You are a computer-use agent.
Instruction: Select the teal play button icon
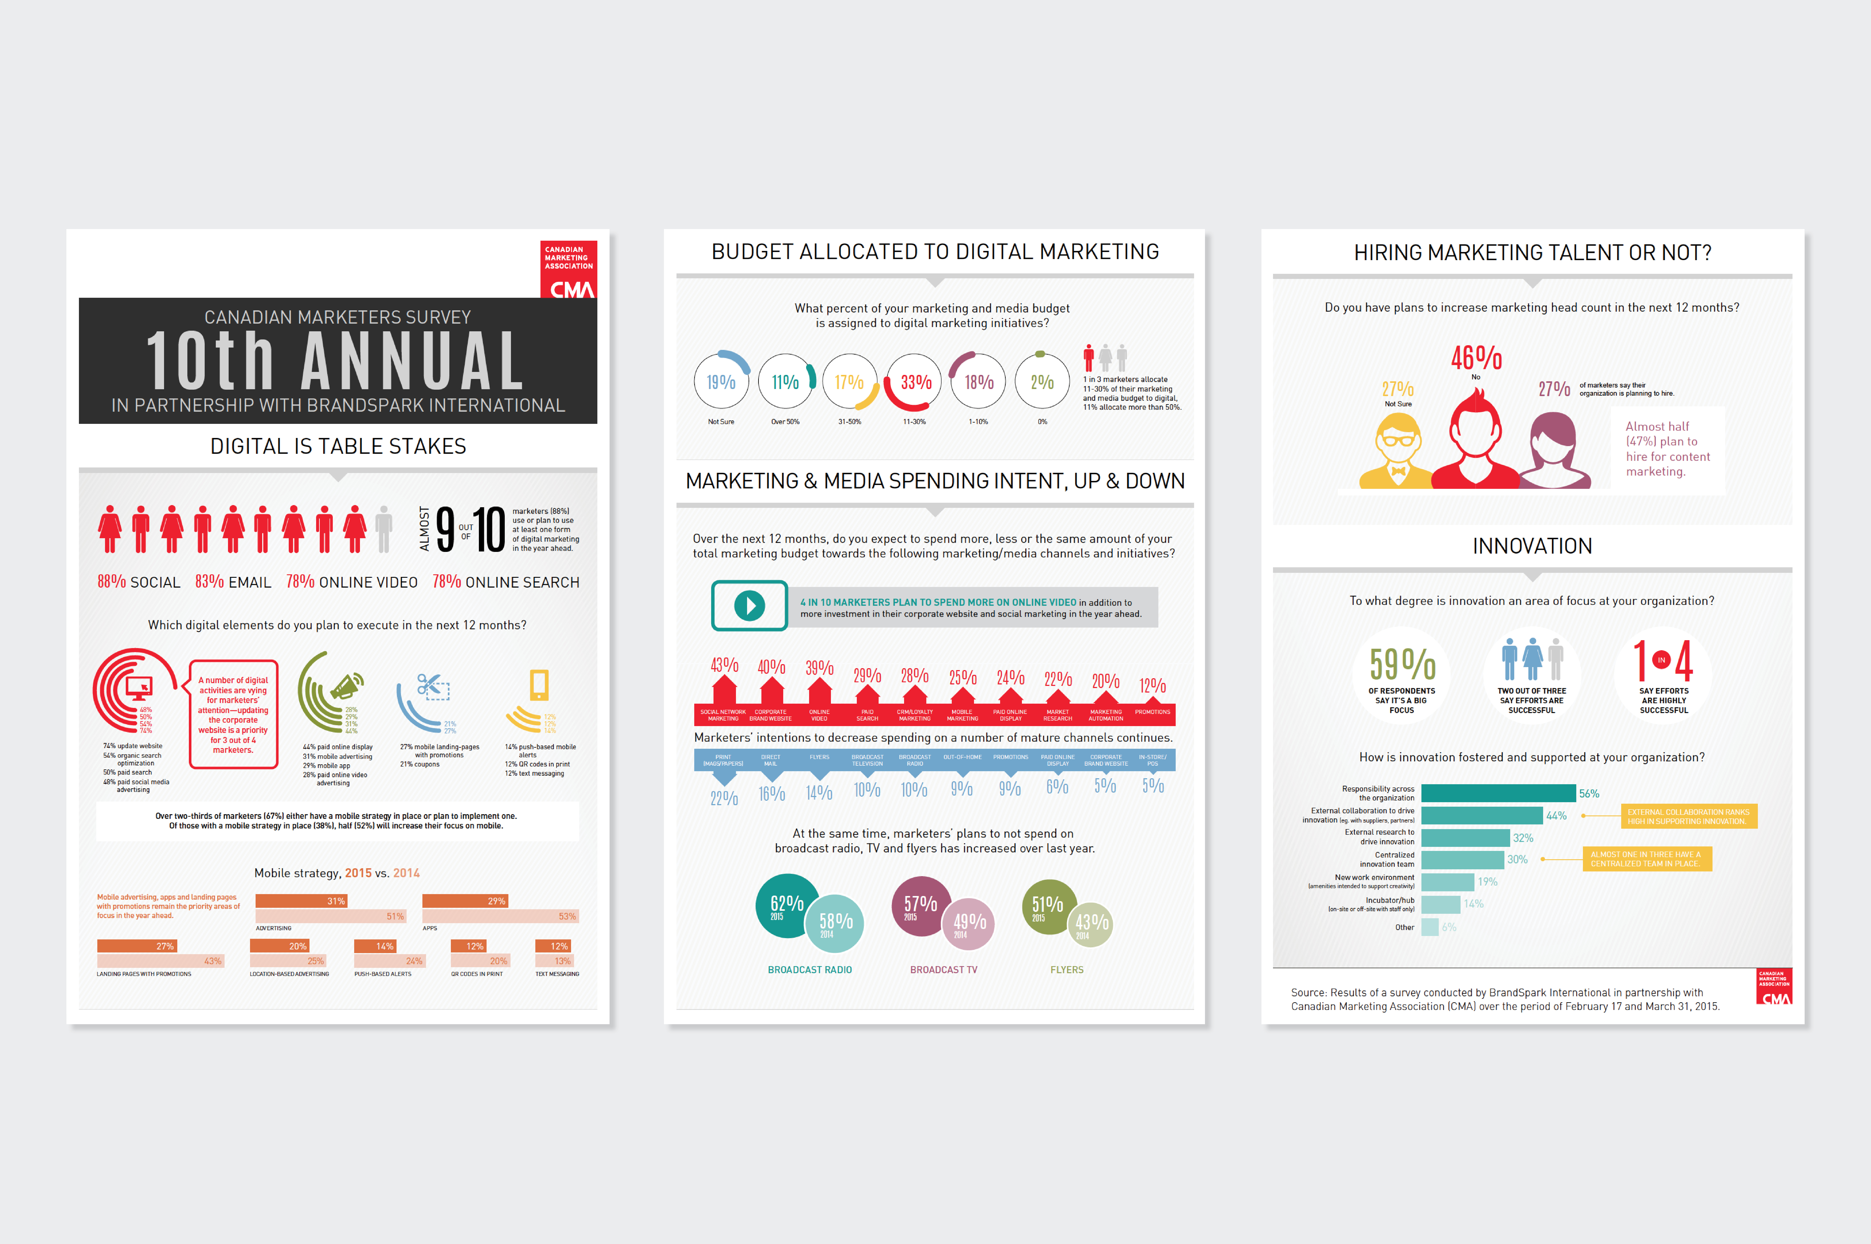pyautogui.click(x=749, y=605)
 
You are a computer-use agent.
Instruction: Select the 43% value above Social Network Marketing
pyautogui.click(x=724, y=665)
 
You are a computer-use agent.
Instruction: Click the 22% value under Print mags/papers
pyautogui.click(x=724, y=797)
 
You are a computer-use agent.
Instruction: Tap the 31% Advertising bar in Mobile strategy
pyautogui.click(x=302, y=901)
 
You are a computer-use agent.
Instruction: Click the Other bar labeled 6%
pyautogui.click(x=1430, y=927)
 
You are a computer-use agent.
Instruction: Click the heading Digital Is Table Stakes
pyautogui.click(x=338, y=447)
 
